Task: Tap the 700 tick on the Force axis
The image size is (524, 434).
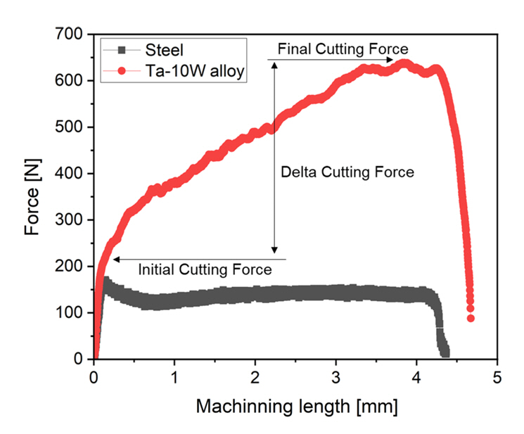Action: coord(75,34)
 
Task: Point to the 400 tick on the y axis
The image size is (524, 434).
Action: coord(75,174)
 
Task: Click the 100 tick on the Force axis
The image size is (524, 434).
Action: coord(75,312)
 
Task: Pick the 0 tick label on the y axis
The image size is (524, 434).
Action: coord(82,359)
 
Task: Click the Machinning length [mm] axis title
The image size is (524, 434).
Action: coord(296,407)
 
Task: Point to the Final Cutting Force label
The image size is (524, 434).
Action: coord(343,50)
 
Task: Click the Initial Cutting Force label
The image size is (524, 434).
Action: coord(204,269)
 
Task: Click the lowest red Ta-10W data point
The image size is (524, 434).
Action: coord(471,319)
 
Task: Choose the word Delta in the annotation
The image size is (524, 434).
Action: coord(296,172)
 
